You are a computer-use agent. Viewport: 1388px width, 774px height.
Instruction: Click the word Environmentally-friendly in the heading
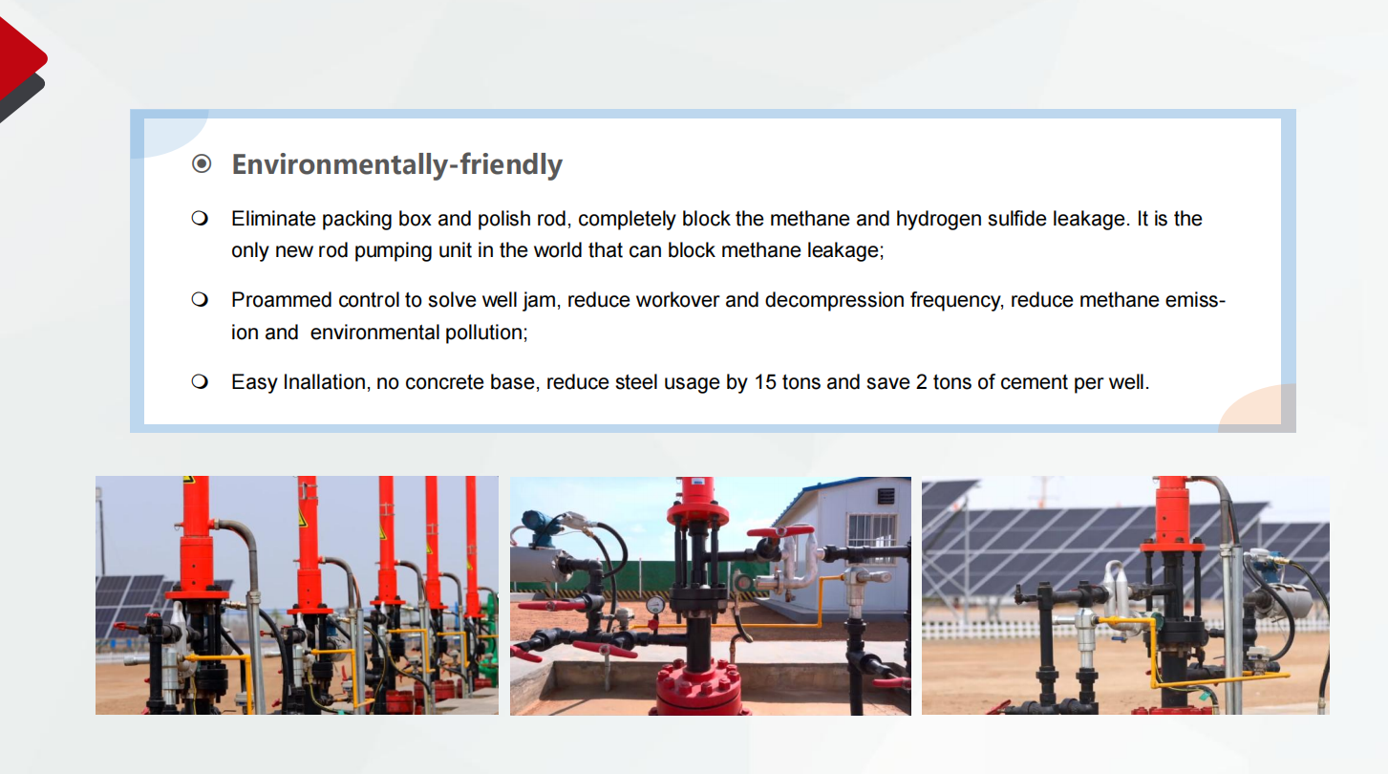(x=396, y=165)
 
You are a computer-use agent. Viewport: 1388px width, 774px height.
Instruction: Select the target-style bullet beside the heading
(x=202, y=164)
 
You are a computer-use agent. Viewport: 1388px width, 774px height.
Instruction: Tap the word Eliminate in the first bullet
(x=273, y=219)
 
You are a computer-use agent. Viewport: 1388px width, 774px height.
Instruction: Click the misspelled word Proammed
(x=282, y=300)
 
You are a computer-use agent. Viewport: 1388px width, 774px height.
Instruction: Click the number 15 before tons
(x=764, y=381)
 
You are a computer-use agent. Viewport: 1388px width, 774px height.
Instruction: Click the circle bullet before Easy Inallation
(x=200, y=381)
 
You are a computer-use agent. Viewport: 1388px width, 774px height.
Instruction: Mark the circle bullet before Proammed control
(x=200, y=299)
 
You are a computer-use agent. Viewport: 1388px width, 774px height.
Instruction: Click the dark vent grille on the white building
(x=886, y=496)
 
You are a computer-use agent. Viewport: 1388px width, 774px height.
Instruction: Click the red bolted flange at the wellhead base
(x=698, y=687)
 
